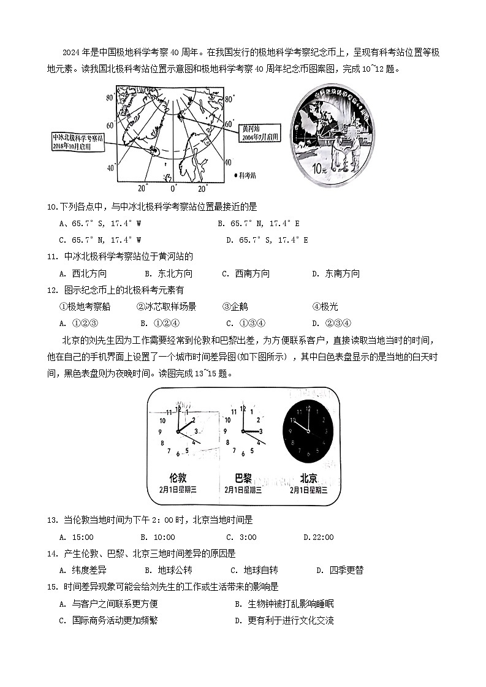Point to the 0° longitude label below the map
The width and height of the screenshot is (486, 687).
[x=173, y=187]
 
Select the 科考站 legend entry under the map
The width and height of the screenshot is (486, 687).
[x=245, y=175]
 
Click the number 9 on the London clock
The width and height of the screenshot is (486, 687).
[x=161, y=431]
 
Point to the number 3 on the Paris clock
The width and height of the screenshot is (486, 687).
[x=260, y=431]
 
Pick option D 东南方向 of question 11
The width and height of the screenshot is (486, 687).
[x=336, y=274]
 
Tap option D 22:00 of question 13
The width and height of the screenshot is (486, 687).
[x=319, y=537]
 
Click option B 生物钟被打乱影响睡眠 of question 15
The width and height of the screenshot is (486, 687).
[x=284, y=604]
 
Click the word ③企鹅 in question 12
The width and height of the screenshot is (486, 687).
[x=235, y=306]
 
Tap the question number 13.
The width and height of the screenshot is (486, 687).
[x=52, y=520]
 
